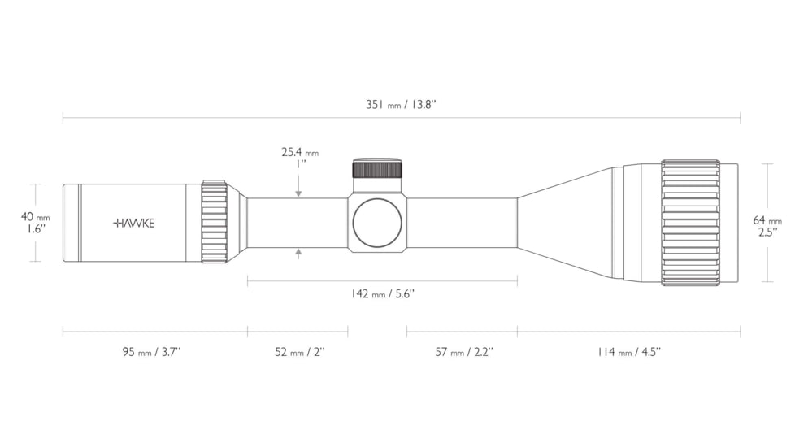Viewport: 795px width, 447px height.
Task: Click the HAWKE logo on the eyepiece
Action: (x=134, y=223)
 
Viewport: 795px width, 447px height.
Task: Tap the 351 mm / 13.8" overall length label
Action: (x=401, y=104)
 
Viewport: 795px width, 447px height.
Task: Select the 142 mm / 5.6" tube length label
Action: (x=382, y=293)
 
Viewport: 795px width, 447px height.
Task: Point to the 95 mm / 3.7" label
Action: (x=151, y=352)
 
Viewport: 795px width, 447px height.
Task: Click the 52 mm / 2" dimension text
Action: (x=300, y=352)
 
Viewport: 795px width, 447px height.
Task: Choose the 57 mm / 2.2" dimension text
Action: (x=464, y=352)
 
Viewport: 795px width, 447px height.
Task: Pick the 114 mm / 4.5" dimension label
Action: (x=628, y=352)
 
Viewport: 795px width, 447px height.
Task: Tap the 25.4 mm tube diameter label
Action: (x=300, y=152)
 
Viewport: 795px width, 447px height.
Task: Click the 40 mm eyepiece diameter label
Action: (x=36, y=217)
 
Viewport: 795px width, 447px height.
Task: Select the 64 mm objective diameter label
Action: (x=767, y=220)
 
